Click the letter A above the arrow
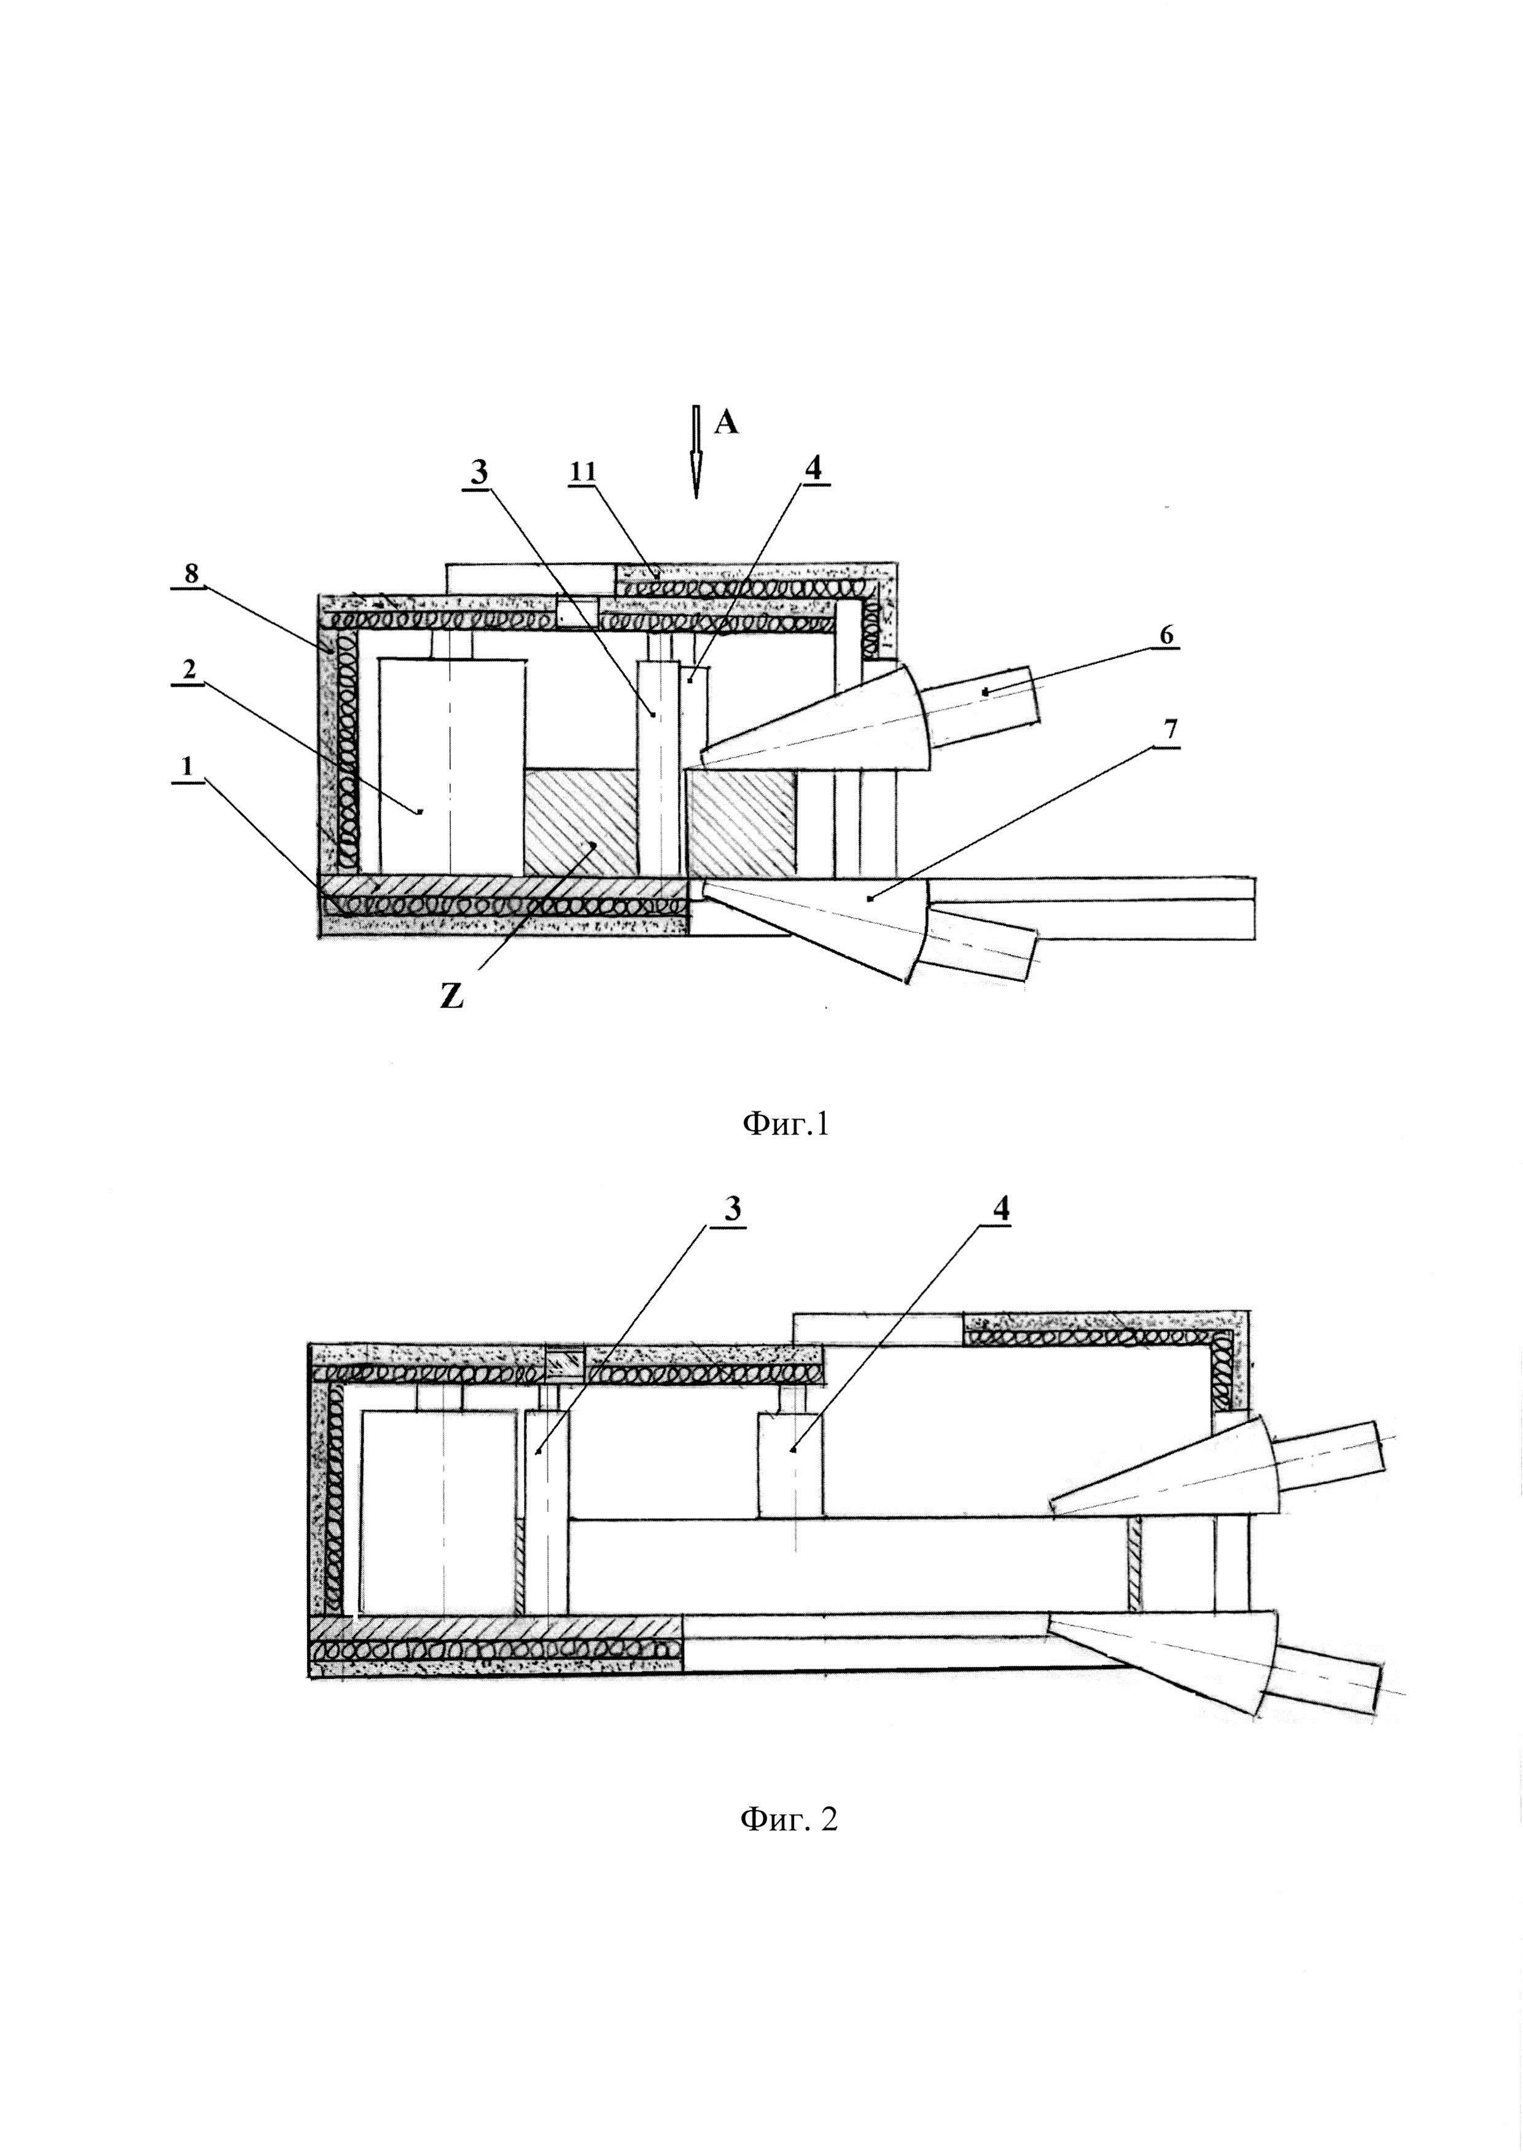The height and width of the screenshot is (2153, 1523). tap(726, 423)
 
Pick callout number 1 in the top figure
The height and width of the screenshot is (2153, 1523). tap(187, 767)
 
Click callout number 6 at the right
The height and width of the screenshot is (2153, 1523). tap(1166, 636)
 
